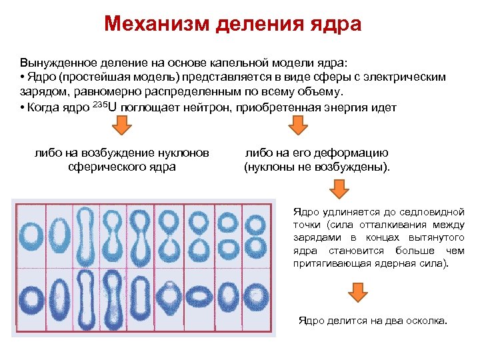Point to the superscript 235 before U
98,105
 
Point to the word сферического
101,167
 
